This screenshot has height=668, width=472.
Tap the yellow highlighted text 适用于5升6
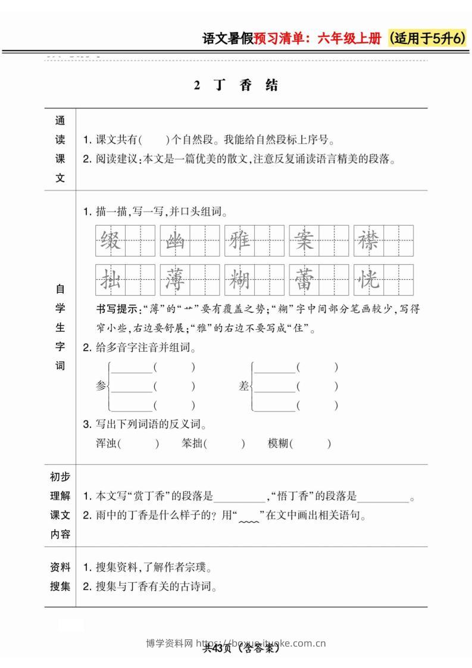[426, 39]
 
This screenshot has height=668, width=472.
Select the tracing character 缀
[111, 242]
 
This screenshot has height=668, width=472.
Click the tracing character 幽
[175, 242]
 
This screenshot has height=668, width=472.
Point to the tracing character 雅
[239, 242]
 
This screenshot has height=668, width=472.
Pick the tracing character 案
[304, 242]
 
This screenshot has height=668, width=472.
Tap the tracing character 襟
[368, 242]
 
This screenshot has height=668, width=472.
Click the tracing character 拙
[111, 279]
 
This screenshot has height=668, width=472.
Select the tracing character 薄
[175, 279]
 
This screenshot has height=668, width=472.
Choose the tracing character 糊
[239, 279]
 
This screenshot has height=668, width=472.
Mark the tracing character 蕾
[304, 279]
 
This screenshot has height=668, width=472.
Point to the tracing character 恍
[368, 279]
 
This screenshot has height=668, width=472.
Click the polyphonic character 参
[101, 386]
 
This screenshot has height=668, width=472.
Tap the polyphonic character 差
[243, 386]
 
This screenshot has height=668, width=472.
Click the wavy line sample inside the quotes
[249, 517]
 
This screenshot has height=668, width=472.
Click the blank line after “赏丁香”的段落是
[239, 498]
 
